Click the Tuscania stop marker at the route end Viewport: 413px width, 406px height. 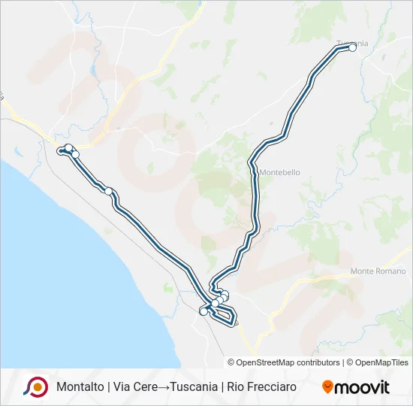click(352, 47)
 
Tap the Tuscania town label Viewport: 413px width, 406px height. click(352, 42)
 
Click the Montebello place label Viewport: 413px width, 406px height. click(280, 172)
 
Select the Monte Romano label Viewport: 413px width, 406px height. click(378, 271)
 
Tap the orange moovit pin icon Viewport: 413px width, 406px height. click(327, 386)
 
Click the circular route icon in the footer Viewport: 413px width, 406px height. click(35, 386)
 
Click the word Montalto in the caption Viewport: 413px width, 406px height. click(79, 387)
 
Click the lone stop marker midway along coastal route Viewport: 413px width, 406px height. click(109, 191)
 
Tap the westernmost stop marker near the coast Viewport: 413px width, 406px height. click(62, 151)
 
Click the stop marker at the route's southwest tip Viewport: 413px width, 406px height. click(203, 311)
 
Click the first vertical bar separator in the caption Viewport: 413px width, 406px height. click(107, 387)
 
